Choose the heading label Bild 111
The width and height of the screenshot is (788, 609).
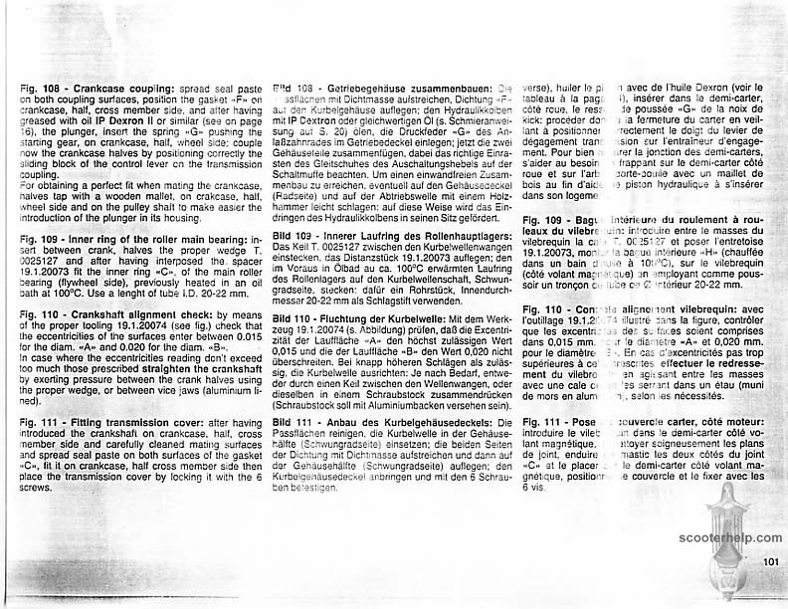tap(294, 423)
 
